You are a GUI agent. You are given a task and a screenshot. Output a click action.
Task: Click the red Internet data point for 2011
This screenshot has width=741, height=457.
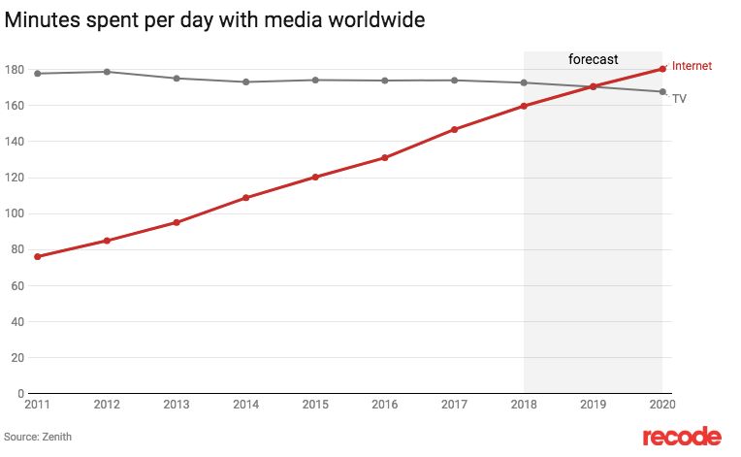[38, 256]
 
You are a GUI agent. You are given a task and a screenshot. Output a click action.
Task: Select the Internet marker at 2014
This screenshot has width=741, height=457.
[246, 198]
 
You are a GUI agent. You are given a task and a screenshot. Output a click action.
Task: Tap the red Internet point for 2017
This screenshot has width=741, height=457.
[455, 129]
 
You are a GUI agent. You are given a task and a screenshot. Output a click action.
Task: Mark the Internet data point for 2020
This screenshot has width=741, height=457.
[662, 68]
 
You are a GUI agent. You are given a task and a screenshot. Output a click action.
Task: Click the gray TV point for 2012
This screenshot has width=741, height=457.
[107, 72]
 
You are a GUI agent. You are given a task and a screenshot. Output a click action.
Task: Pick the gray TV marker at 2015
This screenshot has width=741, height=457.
[316, 80]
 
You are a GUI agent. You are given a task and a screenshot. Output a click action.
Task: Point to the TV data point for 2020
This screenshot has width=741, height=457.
[662, 92]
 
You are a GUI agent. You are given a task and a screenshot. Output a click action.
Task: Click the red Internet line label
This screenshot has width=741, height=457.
[692, 66]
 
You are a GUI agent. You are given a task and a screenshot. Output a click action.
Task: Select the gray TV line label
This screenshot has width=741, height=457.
[680, 99]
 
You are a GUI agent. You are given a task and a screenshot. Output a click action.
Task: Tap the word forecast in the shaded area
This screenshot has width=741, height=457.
[593, 60]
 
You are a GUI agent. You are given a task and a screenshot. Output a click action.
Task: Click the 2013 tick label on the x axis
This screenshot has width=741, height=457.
[177, 404]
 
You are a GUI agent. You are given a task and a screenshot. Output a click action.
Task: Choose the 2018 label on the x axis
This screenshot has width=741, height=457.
[524, 404]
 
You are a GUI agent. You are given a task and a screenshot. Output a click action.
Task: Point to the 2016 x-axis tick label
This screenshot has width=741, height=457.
[385, 404]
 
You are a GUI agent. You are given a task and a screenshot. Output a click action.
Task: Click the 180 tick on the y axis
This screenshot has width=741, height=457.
[15, 70]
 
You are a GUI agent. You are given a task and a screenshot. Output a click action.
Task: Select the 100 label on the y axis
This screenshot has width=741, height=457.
[15, 213]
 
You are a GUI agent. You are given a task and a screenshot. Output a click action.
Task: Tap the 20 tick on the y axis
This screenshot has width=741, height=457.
[17, 357]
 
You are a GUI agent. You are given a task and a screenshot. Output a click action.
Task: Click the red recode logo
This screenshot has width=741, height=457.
[682, 436]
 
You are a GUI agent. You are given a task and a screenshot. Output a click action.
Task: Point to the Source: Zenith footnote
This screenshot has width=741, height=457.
[38, 437]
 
